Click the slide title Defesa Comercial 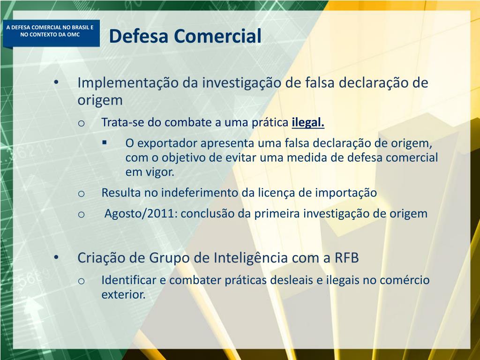(185, 36)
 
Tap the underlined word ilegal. (308, 123)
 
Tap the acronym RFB (346, 258)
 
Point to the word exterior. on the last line (123, 295)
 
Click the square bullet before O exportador (104, 142)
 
